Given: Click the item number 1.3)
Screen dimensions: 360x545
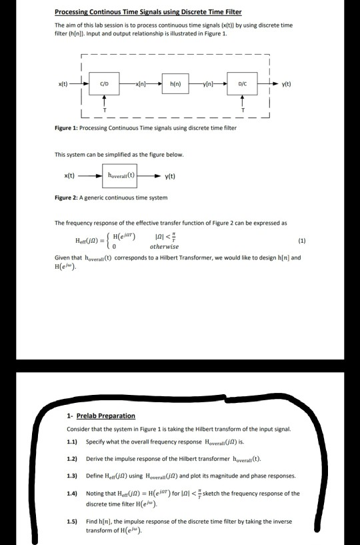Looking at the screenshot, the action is click(73, 476).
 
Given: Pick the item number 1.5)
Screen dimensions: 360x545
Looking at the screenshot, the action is click(73, 520).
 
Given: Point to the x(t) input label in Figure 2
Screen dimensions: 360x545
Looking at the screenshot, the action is click(69, 176).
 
